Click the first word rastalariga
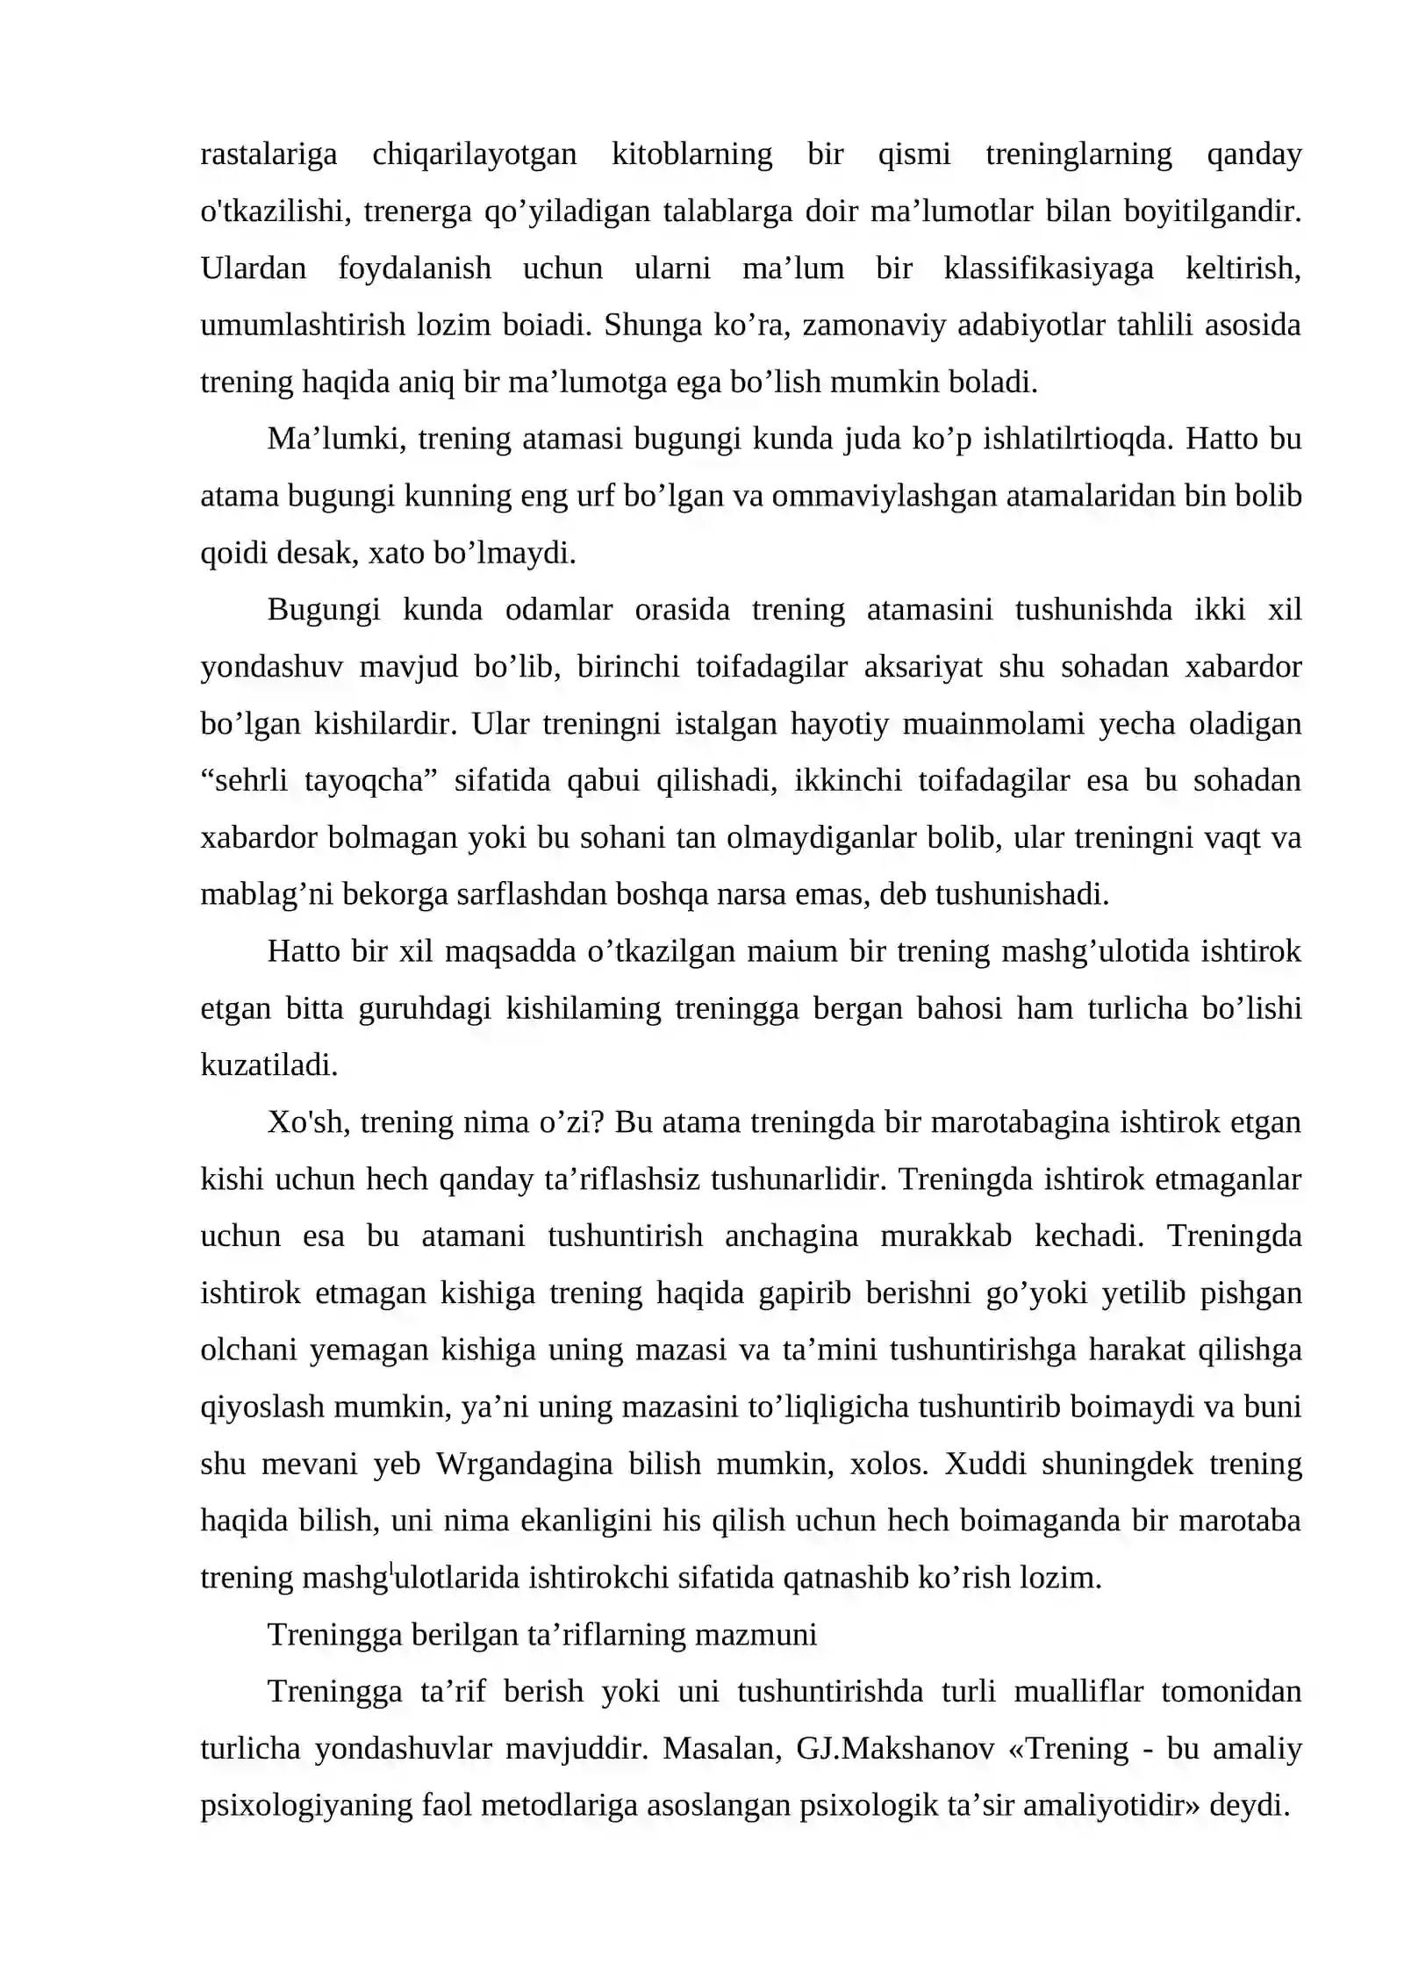(x=269, y=154)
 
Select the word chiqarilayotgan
(x=474, y=154)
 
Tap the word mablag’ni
(x=267, y=894)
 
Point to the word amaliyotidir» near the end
(x=1112, y=1805)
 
